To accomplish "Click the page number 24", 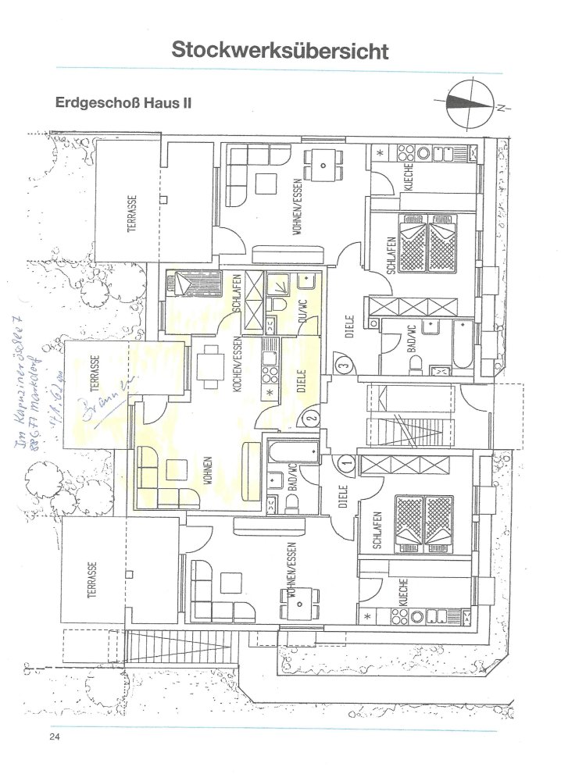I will pos(54,737).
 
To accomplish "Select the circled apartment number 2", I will pos(311,418).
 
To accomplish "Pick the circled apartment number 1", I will pos(347,462).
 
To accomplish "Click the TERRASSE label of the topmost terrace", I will pos(132,212).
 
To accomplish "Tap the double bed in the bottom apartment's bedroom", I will pos(427,522).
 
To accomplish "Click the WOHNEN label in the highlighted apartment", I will pos(207,471).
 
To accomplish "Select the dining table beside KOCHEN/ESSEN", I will pos(207,366).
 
